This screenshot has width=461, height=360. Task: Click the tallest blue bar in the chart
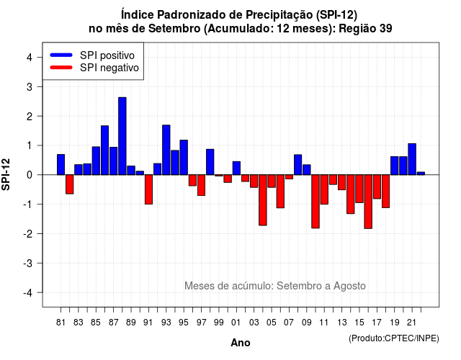tap(122, 136)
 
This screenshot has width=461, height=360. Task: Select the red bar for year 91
tap(149, 189)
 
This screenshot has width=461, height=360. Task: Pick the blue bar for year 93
tap(166, 150)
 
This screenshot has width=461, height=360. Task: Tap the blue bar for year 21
tap(412, 159)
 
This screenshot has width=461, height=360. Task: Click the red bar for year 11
tap(324, 189)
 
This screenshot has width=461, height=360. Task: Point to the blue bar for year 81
tap(61, 165)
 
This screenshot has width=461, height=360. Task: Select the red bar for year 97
tap(202, 185)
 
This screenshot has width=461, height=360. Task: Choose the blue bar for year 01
tap(236, 168)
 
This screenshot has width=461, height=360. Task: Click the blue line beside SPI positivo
tap(61, 55)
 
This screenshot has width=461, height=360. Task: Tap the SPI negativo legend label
tap(109, 68)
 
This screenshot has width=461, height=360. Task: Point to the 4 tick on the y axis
tap(29, 58)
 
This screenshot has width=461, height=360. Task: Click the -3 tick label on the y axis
tap(27, 263)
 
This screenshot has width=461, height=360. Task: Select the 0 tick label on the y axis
tap(29, 175)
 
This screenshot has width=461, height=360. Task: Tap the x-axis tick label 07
tap(289, 323)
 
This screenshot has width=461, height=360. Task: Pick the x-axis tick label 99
tap(219, 323)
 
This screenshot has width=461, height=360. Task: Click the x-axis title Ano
tap(241, 343)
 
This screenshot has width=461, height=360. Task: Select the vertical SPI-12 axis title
tap(6, 174)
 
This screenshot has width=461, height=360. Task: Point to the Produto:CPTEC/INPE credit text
tap(394, 338)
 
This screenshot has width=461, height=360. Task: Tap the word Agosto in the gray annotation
tap(349, 286)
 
